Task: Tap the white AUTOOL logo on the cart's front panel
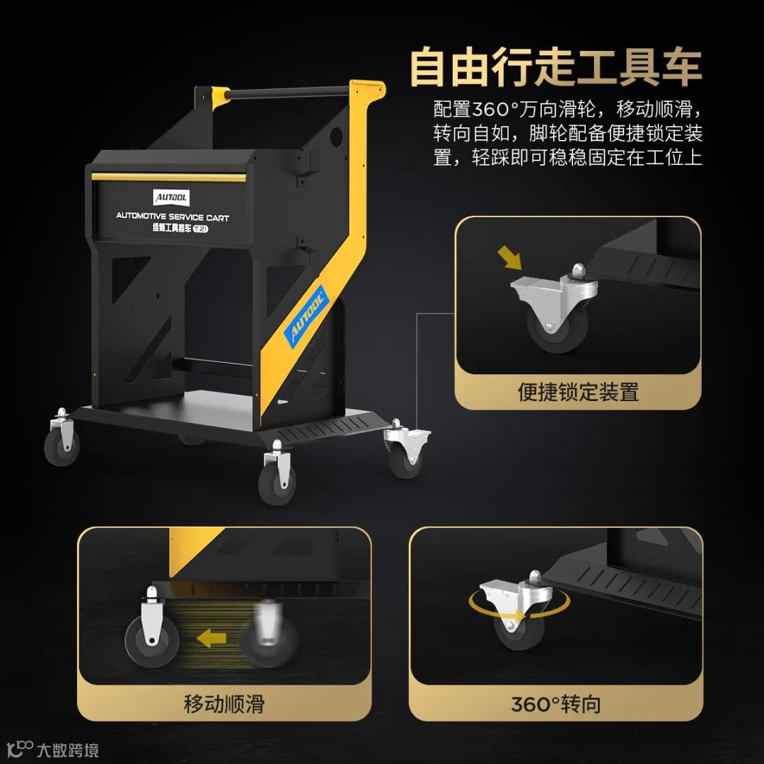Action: click(x=171, y=197)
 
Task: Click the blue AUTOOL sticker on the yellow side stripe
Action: click(x=306, y=316)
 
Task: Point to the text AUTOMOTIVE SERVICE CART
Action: click(x=173, y=216)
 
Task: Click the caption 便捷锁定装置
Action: click(x=578, y=392)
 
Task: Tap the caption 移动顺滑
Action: click(x=224, y=704)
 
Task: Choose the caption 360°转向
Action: click(x=556, y=704)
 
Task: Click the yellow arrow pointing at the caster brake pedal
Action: click(x=509, y=257)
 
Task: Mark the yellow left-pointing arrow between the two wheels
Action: click(x=211, y=638)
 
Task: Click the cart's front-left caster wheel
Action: click(x=62, y=439)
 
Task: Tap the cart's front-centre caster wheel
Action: click(x=277, y=473)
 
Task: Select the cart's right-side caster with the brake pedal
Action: click(x=407, y=449)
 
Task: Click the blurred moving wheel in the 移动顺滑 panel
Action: click(x=269, y=633)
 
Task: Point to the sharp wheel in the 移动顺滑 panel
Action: click(x=152, y=629)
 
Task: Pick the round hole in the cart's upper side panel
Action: click(x=337, y=137)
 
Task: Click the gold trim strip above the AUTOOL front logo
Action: click(x=169, y=177)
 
